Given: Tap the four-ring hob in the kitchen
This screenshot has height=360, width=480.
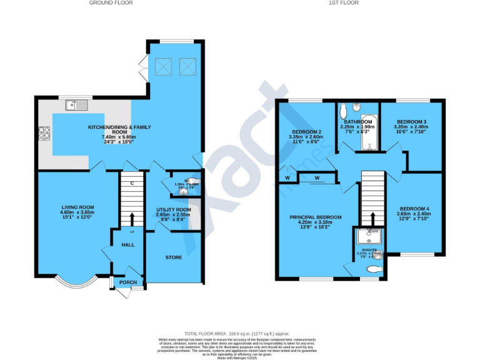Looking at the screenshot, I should pos(45,132).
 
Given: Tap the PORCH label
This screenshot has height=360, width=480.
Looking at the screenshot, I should pos(128,282).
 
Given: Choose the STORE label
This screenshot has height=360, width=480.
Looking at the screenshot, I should pos(173,257).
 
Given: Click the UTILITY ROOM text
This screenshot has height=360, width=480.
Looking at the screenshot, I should pos(173,209).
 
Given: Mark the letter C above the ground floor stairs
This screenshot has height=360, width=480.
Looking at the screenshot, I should pos(132,183).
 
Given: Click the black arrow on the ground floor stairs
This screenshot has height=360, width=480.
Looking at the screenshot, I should pos(132,219).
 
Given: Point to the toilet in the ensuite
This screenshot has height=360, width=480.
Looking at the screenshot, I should pos(374,269).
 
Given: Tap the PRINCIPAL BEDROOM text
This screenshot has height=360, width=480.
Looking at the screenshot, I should pos(315,217).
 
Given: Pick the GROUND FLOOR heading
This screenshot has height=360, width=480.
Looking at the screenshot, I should pos(111,3).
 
